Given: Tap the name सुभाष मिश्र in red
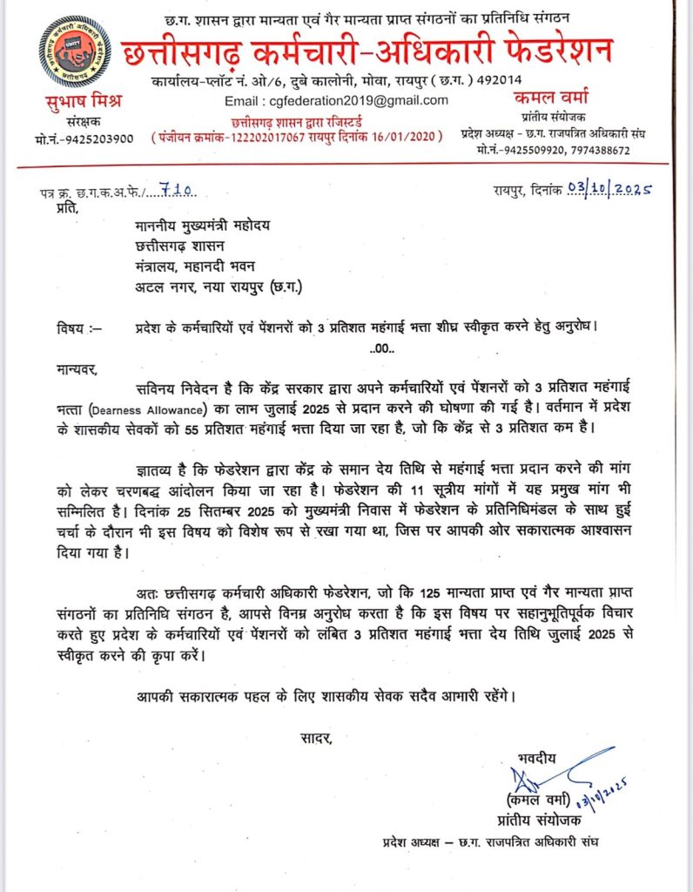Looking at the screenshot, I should coord(83,102).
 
